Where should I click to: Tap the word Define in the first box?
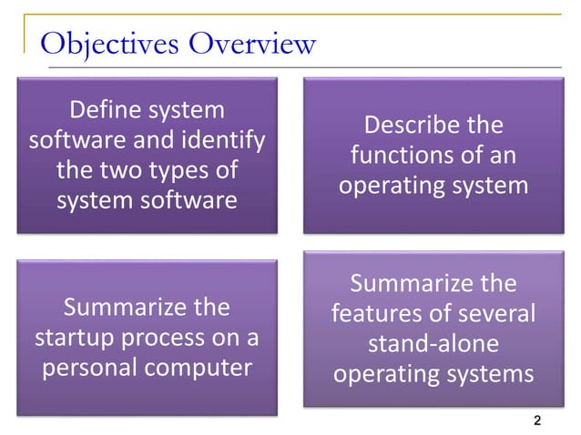click(102, 111)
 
